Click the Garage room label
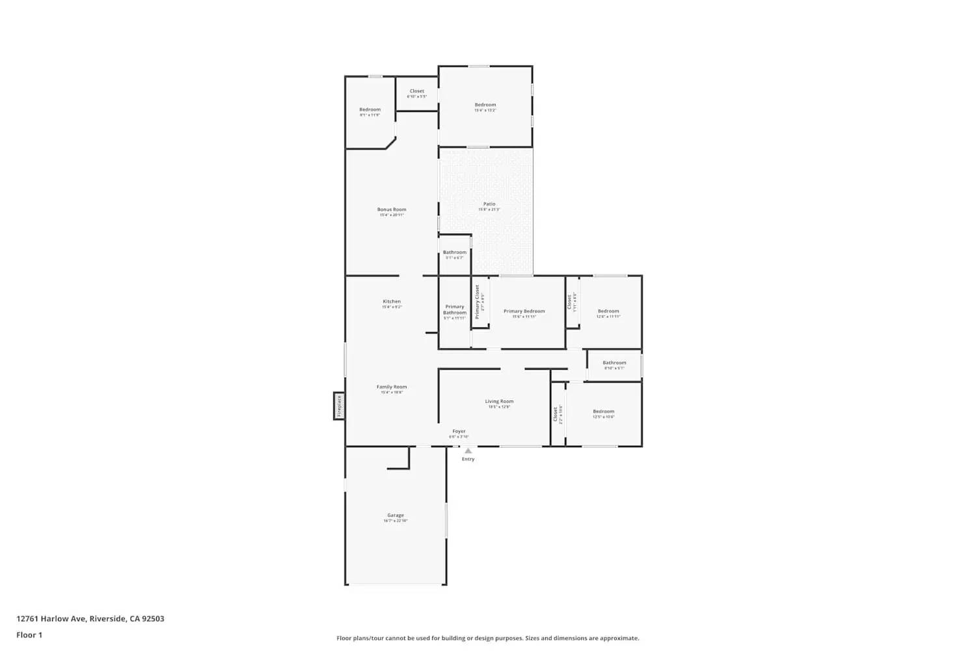(x=396, y=516)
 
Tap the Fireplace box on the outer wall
(x=339, y=406)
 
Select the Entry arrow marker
(x=468, y=450)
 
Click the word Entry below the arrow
(x=468, y=460)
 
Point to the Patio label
(x=489, y=204)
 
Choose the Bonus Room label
(x=392, y=210)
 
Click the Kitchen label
(x=392, y=301)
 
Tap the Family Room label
(x=392, y=387)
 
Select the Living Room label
(x=499, y=402)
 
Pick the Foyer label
(x=459, y=431)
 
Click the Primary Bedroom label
(x=524, y=311)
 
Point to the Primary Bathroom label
(x=455, y=309)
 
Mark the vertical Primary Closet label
(x=477, y=301)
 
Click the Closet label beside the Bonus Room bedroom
(x=417, y=91)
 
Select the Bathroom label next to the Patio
(x=455, y=253)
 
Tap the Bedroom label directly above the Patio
(x=485, y=105)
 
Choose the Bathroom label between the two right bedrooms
(x=614, y=363)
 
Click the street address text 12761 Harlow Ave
(x=51, y=619)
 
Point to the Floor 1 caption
(x=29, y=635)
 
